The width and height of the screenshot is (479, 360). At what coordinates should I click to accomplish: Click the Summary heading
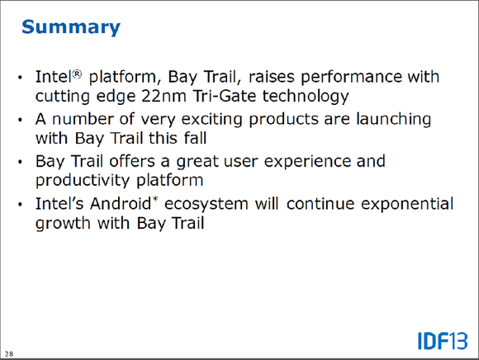(x=71, y=27)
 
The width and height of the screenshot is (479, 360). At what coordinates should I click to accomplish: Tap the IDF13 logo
(x=443, y=341)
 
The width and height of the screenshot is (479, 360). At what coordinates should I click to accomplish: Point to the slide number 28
(x=9, y=354)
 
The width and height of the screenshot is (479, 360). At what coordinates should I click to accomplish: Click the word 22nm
(x=164, y=96)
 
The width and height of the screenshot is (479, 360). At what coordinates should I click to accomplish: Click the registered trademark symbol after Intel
(x=78, y=74)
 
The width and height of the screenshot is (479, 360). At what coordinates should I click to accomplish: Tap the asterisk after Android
(x=155, y=200)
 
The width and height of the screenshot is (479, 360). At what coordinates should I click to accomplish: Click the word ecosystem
(x=206, y=205)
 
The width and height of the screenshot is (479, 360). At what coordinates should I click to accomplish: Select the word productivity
(x=83, y=181)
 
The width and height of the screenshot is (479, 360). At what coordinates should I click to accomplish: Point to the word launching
(x=394, y=120)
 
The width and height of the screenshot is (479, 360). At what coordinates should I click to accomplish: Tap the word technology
(x=306, y=97)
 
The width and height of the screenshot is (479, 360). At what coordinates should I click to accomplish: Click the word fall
(x=195, y=138)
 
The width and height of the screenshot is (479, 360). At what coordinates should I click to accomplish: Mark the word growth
(x=63, y=224)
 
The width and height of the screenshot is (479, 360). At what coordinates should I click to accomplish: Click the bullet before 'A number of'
(x=20, y=120)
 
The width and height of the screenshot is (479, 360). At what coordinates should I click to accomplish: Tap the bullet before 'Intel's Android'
(x=20, y=204)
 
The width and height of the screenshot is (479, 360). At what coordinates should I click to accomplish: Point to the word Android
(x=121, y=204)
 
